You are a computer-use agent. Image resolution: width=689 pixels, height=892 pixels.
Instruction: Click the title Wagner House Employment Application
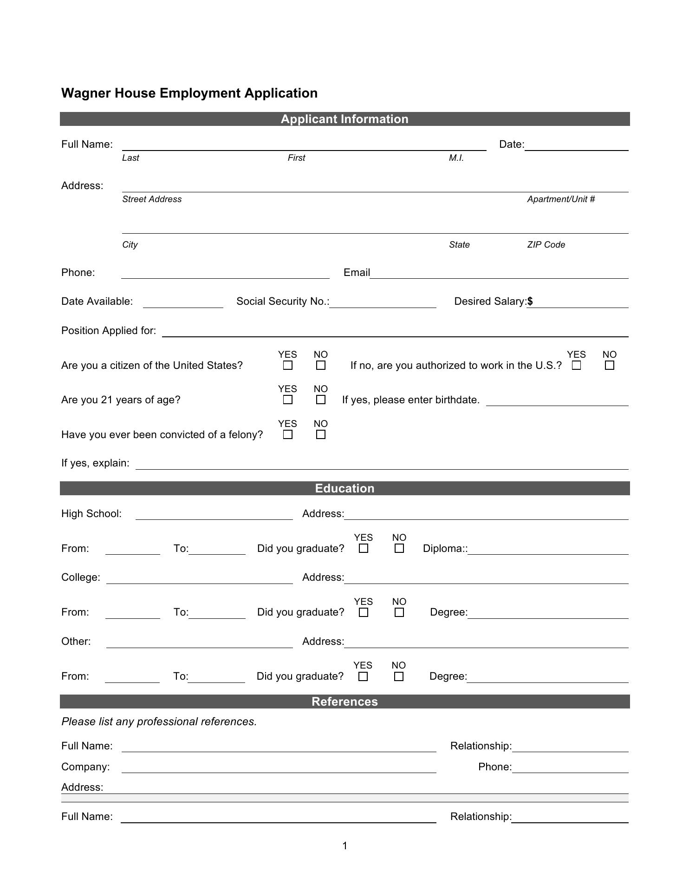[189, 93]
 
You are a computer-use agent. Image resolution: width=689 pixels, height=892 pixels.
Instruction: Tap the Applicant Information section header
[344, 119]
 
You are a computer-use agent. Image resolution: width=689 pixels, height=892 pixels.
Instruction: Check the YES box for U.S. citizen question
[288, 366]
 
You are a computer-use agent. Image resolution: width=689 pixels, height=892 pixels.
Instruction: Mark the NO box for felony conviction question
[320, 435]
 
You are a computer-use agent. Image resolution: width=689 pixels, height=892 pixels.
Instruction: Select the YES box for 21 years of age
[288, 400]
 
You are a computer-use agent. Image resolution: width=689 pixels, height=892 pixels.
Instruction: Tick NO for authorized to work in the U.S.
[610, 366]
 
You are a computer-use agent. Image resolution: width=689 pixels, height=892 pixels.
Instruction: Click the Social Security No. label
[282, 302]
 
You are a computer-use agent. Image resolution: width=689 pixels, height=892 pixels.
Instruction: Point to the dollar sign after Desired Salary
[530, 302]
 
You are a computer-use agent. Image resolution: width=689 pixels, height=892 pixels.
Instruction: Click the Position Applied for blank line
[395, 332]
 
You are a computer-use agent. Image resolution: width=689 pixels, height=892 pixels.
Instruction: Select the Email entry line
[499, 274]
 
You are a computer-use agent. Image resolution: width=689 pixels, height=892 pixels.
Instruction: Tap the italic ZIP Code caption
[546, 245]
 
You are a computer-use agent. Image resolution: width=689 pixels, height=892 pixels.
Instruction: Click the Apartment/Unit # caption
[561, 199]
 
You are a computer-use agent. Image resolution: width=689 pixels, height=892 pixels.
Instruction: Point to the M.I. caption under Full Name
[456, 158]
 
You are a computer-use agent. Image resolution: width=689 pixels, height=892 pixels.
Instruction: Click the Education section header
[344, 488]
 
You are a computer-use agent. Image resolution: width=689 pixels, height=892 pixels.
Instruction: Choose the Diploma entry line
[548, 550]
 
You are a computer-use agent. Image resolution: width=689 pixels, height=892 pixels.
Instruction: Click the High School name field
[214, 515]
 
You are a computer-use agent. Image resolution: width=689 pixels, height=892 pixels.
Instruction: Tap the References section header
[344, 702]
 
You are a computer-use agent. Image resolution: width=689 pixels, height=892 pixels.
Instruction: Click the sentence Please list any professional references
[159, 721]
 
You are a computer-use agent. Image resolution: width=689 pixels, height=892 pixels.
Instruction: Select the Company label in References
[85, 767]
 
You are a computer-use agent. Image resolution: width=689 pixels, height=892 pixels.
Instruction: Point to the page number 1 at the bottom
[345, 846]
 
